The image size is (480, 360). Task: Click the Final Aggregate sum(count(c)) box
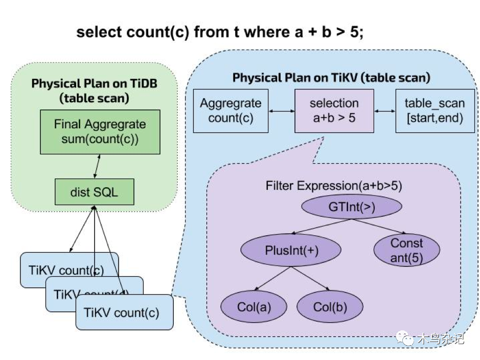[100, 131]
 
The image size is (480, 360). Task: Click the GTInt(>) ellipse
[352, 207]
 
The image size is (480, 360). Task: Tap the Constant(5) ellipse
[407, 250]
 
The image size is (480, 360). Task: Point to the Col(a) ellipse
[254, 307]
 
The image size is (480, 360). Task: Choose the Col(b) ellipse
[330, 307]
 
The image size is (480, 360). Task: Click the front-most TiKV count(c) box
[124, 312]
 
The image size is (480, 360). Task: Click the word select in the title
[98, 32]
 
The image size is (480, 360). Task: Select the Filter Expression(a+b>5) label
[333, 186]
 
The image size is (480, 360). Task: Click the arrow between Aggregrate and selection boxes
[281, 110]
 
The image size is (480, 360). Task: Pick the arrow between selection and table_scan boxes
[384, 110]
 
